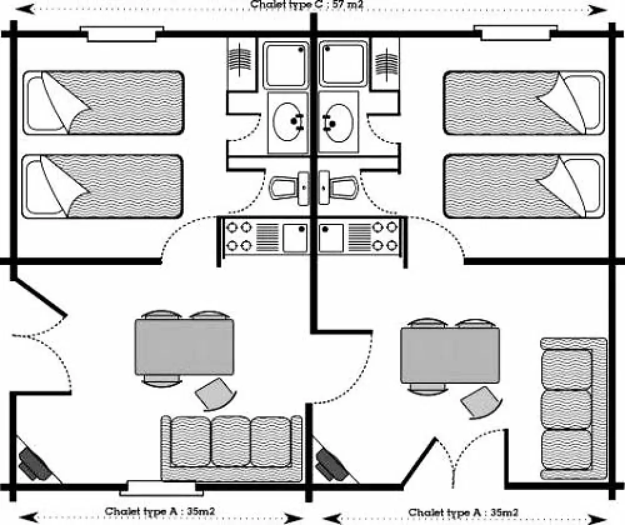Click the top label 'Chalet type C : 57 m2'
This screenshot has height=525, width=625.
pyautogui.click(x=307, y=4)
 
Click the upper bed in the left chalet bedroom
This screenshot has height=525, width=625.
pyautogui.click(x=103, y=102)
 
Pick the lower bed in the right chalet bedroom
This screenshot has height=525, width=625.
pyautogui.click(x=523, y=186)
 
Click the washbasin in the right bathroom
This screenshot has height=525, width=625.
pyautogui.click(x=337, y=122)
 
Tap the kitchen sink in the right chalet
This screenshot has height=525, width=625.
pyautogui.click(x=331, y=238)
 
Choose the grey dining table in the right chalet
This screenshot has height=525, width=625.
pyautogui.click(x=450, y=356)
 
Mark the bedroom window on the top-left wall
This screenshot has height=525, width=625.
pyautogui.click(x=122, y=33)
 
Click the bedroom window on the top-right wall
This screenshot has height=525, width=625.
pyautogui.click(x=515, y=33)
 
